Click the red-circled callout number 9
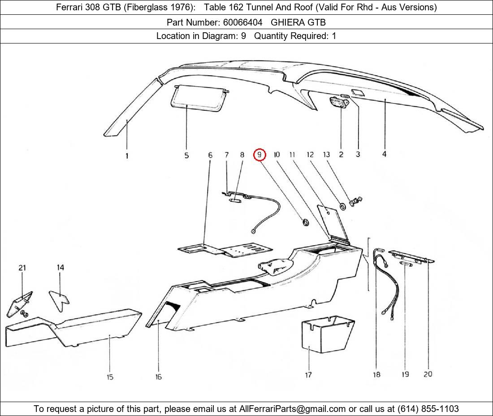[259, 155]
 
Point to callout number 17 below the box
[308, 374]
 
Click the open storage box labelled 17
[326, 334]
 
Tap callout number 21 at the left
[22, 268]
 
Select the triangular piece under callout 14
[59, 298]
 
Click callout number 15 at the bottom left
[110, 377]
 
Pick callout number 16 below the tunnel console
[159, 377]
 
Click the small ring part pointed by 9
[305, 222]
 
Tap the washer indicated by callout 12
[343, 206]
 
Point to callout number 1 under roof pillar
[127, 156]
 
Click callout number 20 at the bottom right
[428, 374]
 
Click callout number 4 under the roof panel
[384, 155]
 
